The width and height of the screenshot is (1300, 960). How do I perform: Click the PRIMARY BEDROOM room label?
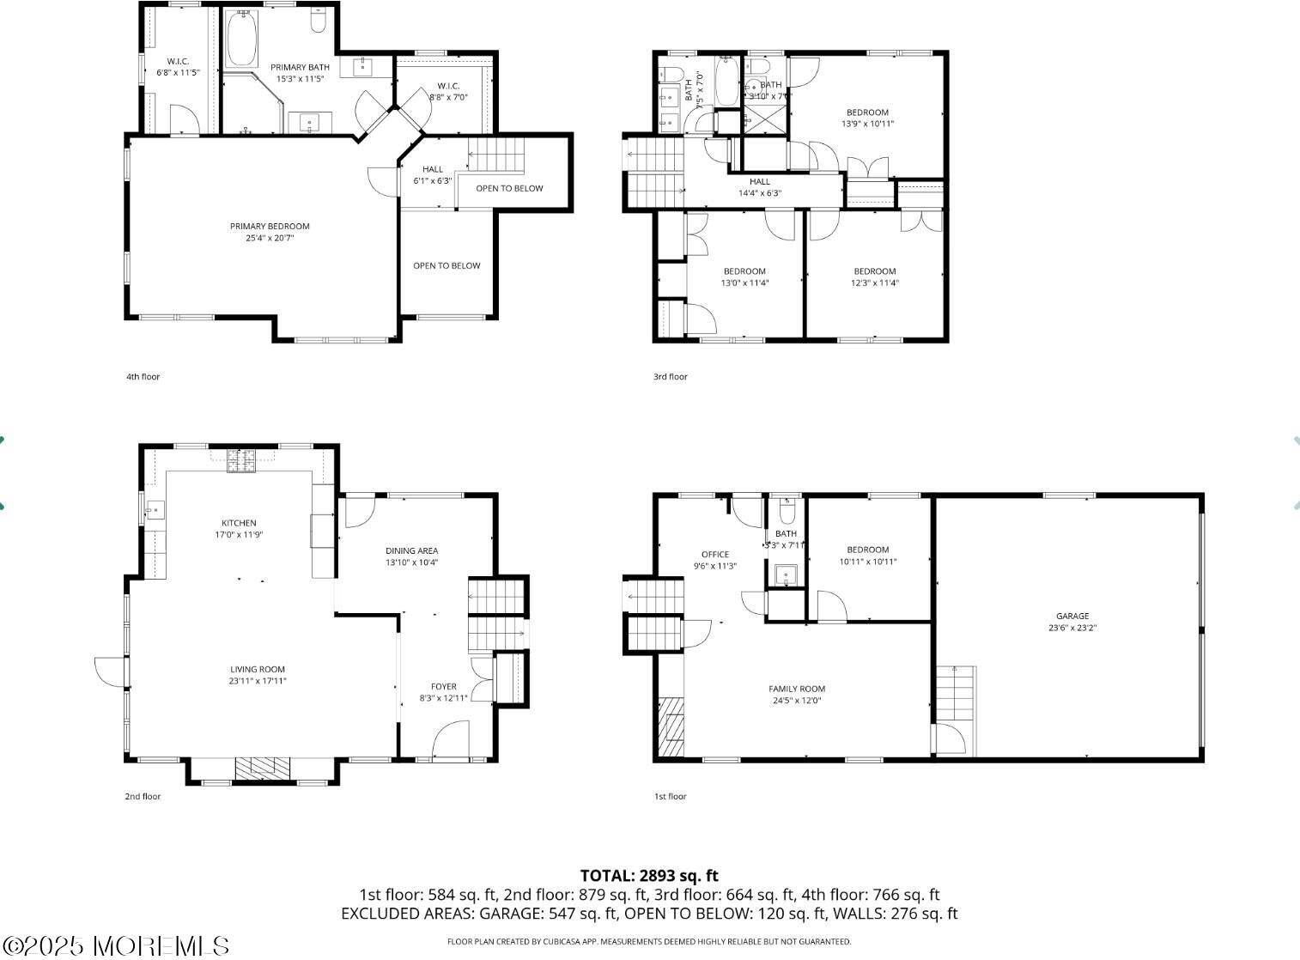[x=270, y=227]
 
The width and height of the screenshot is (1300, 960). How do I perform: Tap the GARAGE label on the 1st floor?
[x=1072, y=616]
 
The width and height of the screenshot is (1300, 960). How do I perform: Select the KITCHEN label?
[x=239, y=523]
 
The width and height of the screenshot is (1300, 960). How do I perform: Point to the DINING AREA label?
[x=412, y=550]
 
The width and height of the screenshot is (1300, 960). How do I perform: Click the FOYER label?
[x=444, y=686]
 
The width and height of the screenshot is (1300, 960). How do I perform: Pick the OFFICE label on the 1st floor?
[x=714, y=555]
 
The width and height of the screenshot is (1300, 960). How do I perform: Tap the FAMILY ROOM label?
[x=797, y=689]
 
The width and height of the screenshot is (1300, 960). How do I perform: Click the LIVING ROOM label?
[x=258, y=669]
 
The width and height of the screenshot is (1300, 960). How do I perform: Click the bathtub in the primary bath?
[x=242, y=39]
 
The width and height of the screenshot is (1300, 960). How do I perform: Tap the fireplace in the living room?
[x=263, y=768]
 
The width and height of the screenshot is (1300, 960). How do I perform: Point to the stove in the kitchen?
[x=241, y=462]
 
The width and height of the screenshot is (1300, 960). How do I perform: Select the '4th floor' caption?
[x=143, y=377]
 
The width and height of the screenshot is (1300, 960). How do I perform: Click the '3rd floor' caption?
[x=671, y=377]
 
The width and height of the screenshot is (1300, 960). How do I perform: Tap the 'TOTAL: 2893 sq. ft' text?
[x=649, y=876]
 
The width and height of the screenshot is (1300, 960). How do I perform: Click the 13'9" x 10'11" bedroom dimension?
[x=867, y=124]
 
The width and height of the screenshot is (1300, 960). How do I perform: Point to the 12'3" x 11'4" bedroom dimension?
[x=875, y=283]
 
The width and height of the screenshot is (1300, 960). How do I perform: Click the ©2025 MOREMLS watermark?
[x=115, y=946]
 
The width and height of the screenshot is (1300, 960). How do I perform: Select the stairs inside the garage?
[x=956, y=693]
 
